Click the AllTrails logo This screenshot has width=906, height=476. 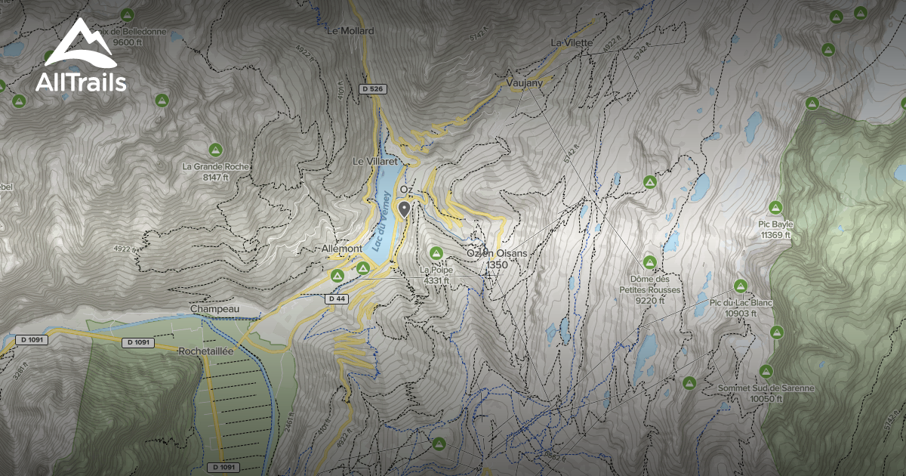(80, 57)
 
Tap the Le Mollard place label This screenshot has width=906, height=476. (350, 31)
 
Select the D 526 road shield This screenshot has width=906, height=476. (373, 89)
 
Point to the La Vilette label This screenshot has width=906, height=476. (571, 42)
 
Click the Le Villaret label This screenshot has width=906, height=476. (374, 162)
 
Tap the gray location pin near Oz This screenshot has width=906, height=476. (405, 209)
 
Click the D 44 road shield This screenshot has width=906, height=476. (337, 299)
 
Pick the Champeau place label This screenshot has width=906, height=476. (214, 309)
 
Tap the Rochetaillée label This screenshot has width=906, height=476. (208, 352)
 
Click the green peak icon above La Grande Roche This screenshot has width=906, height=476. (215, 149)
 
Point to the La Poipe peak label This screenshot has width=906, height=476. (436, 270)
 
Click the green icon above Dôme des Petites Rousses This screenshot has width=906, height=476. (649, 262)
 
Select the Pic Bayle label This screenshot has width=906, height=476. (775, 224)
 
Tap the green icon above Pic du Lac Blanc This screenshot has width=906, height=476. (740, 286)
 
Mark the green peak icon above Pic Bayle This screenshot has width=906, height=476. (775, 207)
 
